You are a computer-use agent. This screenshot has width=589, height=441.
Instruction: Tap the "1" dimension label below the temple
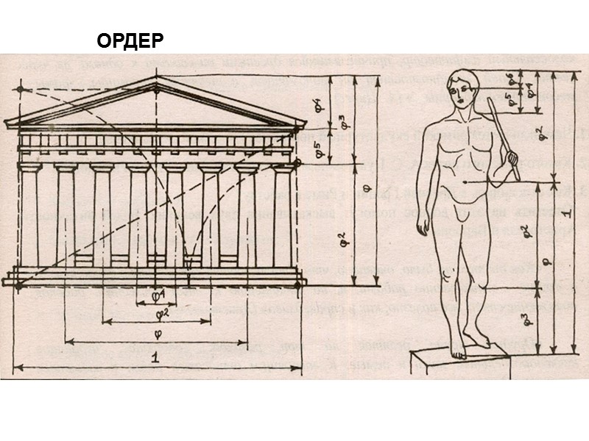tap(154, 358)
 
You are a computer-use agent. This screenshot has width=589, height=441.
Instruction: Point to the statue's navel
tap(465, 181)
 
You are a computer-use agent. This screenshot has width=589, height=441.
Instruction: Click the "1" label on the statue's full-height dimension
tap(564, 213)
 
